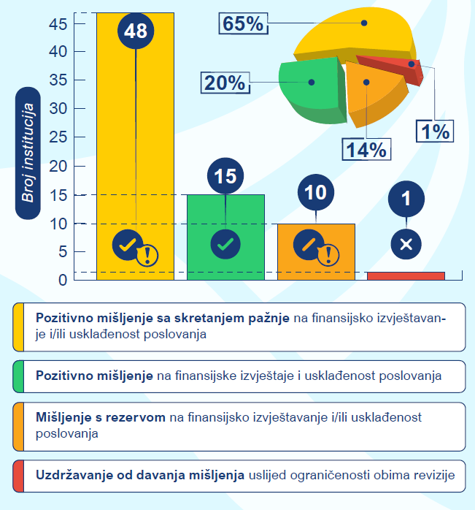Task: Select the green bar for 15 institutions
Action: click(x=225, y=219)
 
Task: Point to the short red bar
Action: click(x=406, y=275)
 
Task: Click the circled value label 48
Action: click(x=136, y=31)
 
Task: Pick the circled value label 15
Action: click(x=225, y=176)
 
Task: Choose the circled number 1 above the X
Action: click(x=406, y=198)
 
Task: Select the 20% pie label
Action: click(x=225, y=83)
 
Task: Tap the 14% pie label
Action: click(x=365, y=149)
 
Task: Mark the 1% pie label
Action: click(x=435, y=132)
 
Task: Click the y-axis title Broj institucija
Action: click(x=29, y=153)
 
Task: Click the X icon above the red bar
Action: click(x=406, y=244)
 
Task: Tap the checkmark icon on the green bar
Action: click(x=225, y=244)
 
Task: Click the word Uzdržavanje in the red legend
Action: click(x=70, y=476)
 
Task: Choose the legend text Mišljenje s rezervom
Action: click(x=100, y=417)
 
